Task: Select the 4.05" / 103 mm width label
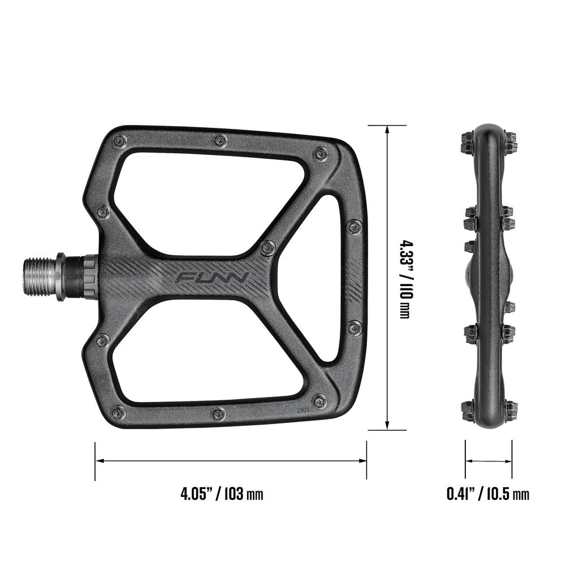[x=222, y=494]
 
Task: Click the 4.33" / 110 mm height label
[x=404, y=277]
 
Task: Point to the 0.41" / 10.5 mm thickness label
[x=488, y=494]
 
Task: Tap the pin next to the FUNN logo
[x=267, y=247]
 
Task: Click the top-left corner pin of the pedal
[x=119, y=141]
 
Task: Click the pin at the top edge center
[x=220, y=140]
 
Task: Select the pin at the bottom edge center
[x=219, y=414]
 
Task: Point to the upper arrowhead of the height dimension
[x=387, y=129]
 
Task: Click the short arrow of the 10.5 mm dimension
[x=489, y=461]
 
